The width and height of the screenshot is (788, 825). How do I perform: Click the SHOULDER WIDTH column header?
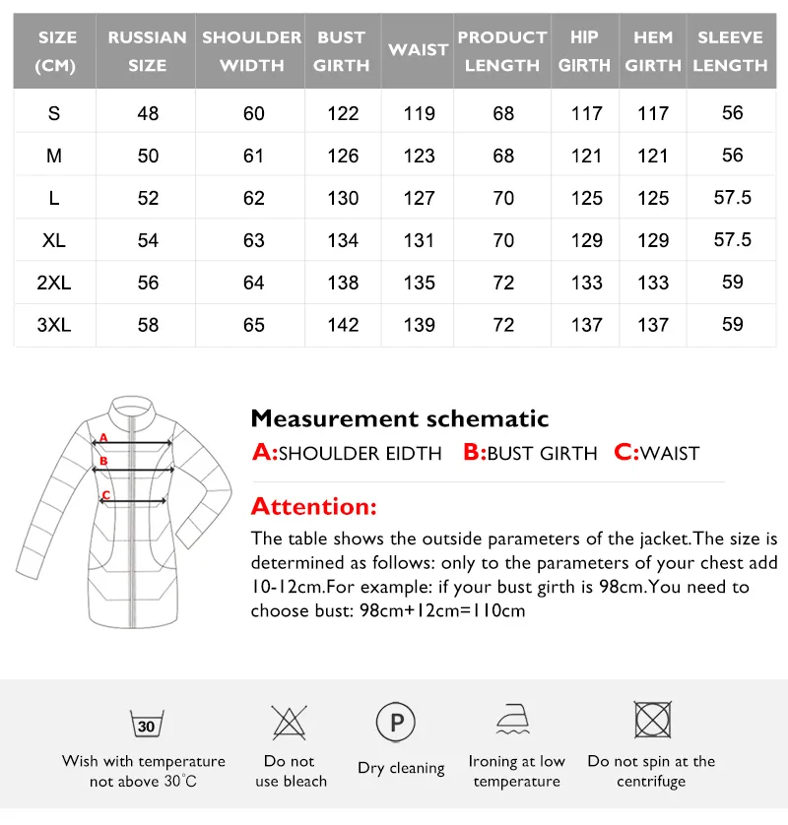tap(251, 51)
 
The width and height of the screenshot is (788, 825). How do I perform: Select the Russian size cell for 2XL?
tap(148, 283)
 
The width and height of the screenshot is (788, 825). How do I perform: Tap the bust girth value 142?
tap(343, 325)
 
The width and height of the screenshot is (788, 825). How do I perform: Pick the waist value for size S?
tap(419, 113)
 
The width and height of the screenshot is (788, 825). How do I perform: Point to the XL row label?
tap(54, 240)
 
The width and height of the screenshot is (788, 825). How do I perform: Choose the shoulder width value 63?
tap(254, 240)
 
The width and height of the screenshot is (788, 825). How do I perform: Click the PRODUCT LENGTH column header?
tap(502, 51)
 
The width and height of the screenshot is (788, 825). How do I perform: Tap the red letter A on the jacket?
tap(102, 438)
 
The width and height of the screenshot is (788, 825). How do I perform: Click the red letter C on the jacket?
tap(105, 494)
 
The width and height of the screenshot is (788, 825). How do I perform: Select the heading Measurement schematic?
tap(399, 418)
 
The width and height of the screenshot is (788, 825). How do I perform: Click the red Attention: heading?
tap(313, 507)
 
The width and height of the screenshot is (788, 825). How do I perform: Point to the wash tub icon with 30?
tap(146, 726)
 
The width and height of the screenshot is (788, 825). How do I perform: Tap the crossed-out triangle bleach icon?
tap(289, 724)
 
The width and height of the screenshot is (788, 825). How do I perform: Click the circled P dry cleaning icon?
tap(396, 724)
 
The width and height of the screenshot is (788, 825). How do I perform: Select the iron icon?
tap(516, 722)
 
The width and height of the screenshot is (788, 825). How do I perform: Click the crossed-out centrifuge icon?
tap(651, 722)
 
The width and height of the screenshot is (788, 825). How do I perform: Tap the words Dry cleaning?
tap(401, 768)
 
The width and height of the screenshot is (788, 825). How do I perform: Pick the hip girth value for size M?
tap(586, 156)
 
